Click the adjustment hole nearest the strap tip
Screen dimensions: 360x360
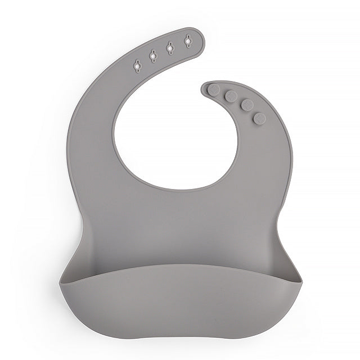187,40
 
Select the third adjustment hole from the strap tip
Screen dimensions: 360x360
152,55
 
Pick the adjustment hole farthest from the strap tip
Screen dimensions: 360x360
136,66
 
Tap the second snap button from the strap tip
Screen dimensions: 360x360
231,96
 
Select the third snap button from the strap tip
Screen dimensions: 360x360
246,105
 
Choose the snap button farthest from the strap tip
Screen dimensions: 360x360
259,118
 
